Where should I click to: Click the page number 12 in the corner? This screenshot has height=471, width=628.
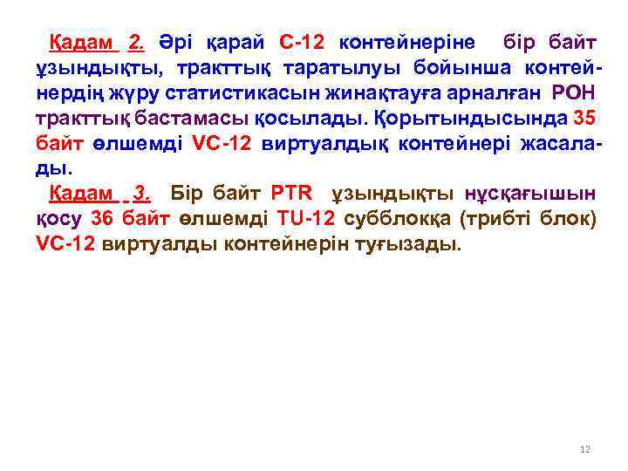585,449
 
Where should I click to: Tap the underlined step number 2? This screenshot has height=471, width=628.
135,41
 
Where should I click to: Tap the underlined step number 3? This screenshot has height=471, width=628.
142,193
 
